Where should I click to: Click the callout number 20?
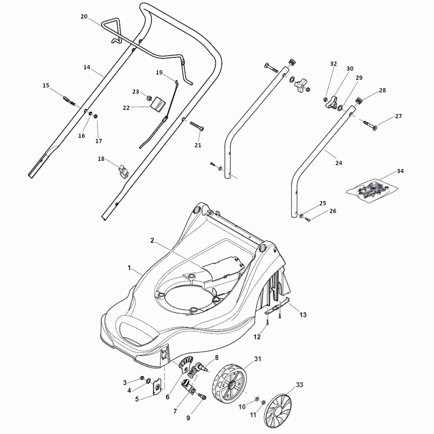(x=84, y=17)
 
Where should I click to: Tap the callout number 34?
(x=400, y=171)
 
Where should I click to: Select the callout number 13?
(x=303, y=315)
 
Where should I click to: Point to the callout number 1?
(x=129, y=268)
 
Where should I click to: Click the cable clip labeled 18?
(x=123, y=172)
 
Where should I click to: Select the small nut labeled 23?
(x=149, y=98)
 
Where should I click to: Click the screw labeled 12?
(x=268, y=322)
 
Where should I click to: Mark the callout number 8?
(x=216, y=358)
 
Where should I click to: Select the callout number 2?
(x=152, y=240)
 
